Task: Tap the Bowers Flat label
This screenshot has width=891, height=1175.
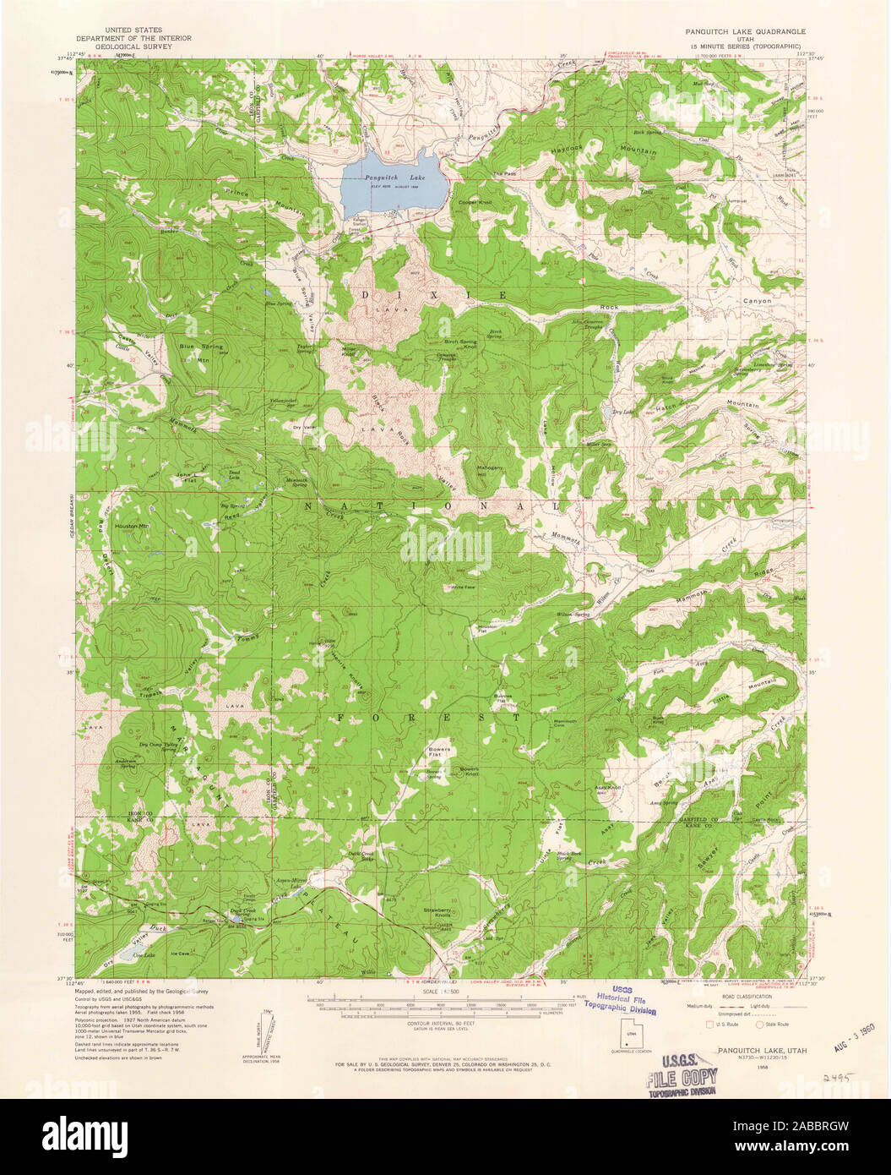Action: pyautogui.click(x=439, y=752)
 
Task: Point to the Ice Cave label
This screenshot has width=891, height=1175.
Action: pyautogui.click(x=181, y=954)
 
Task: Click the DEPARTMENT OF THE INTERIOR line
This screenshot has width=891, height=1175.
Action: pyautogui.click(x=134, y=38)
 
